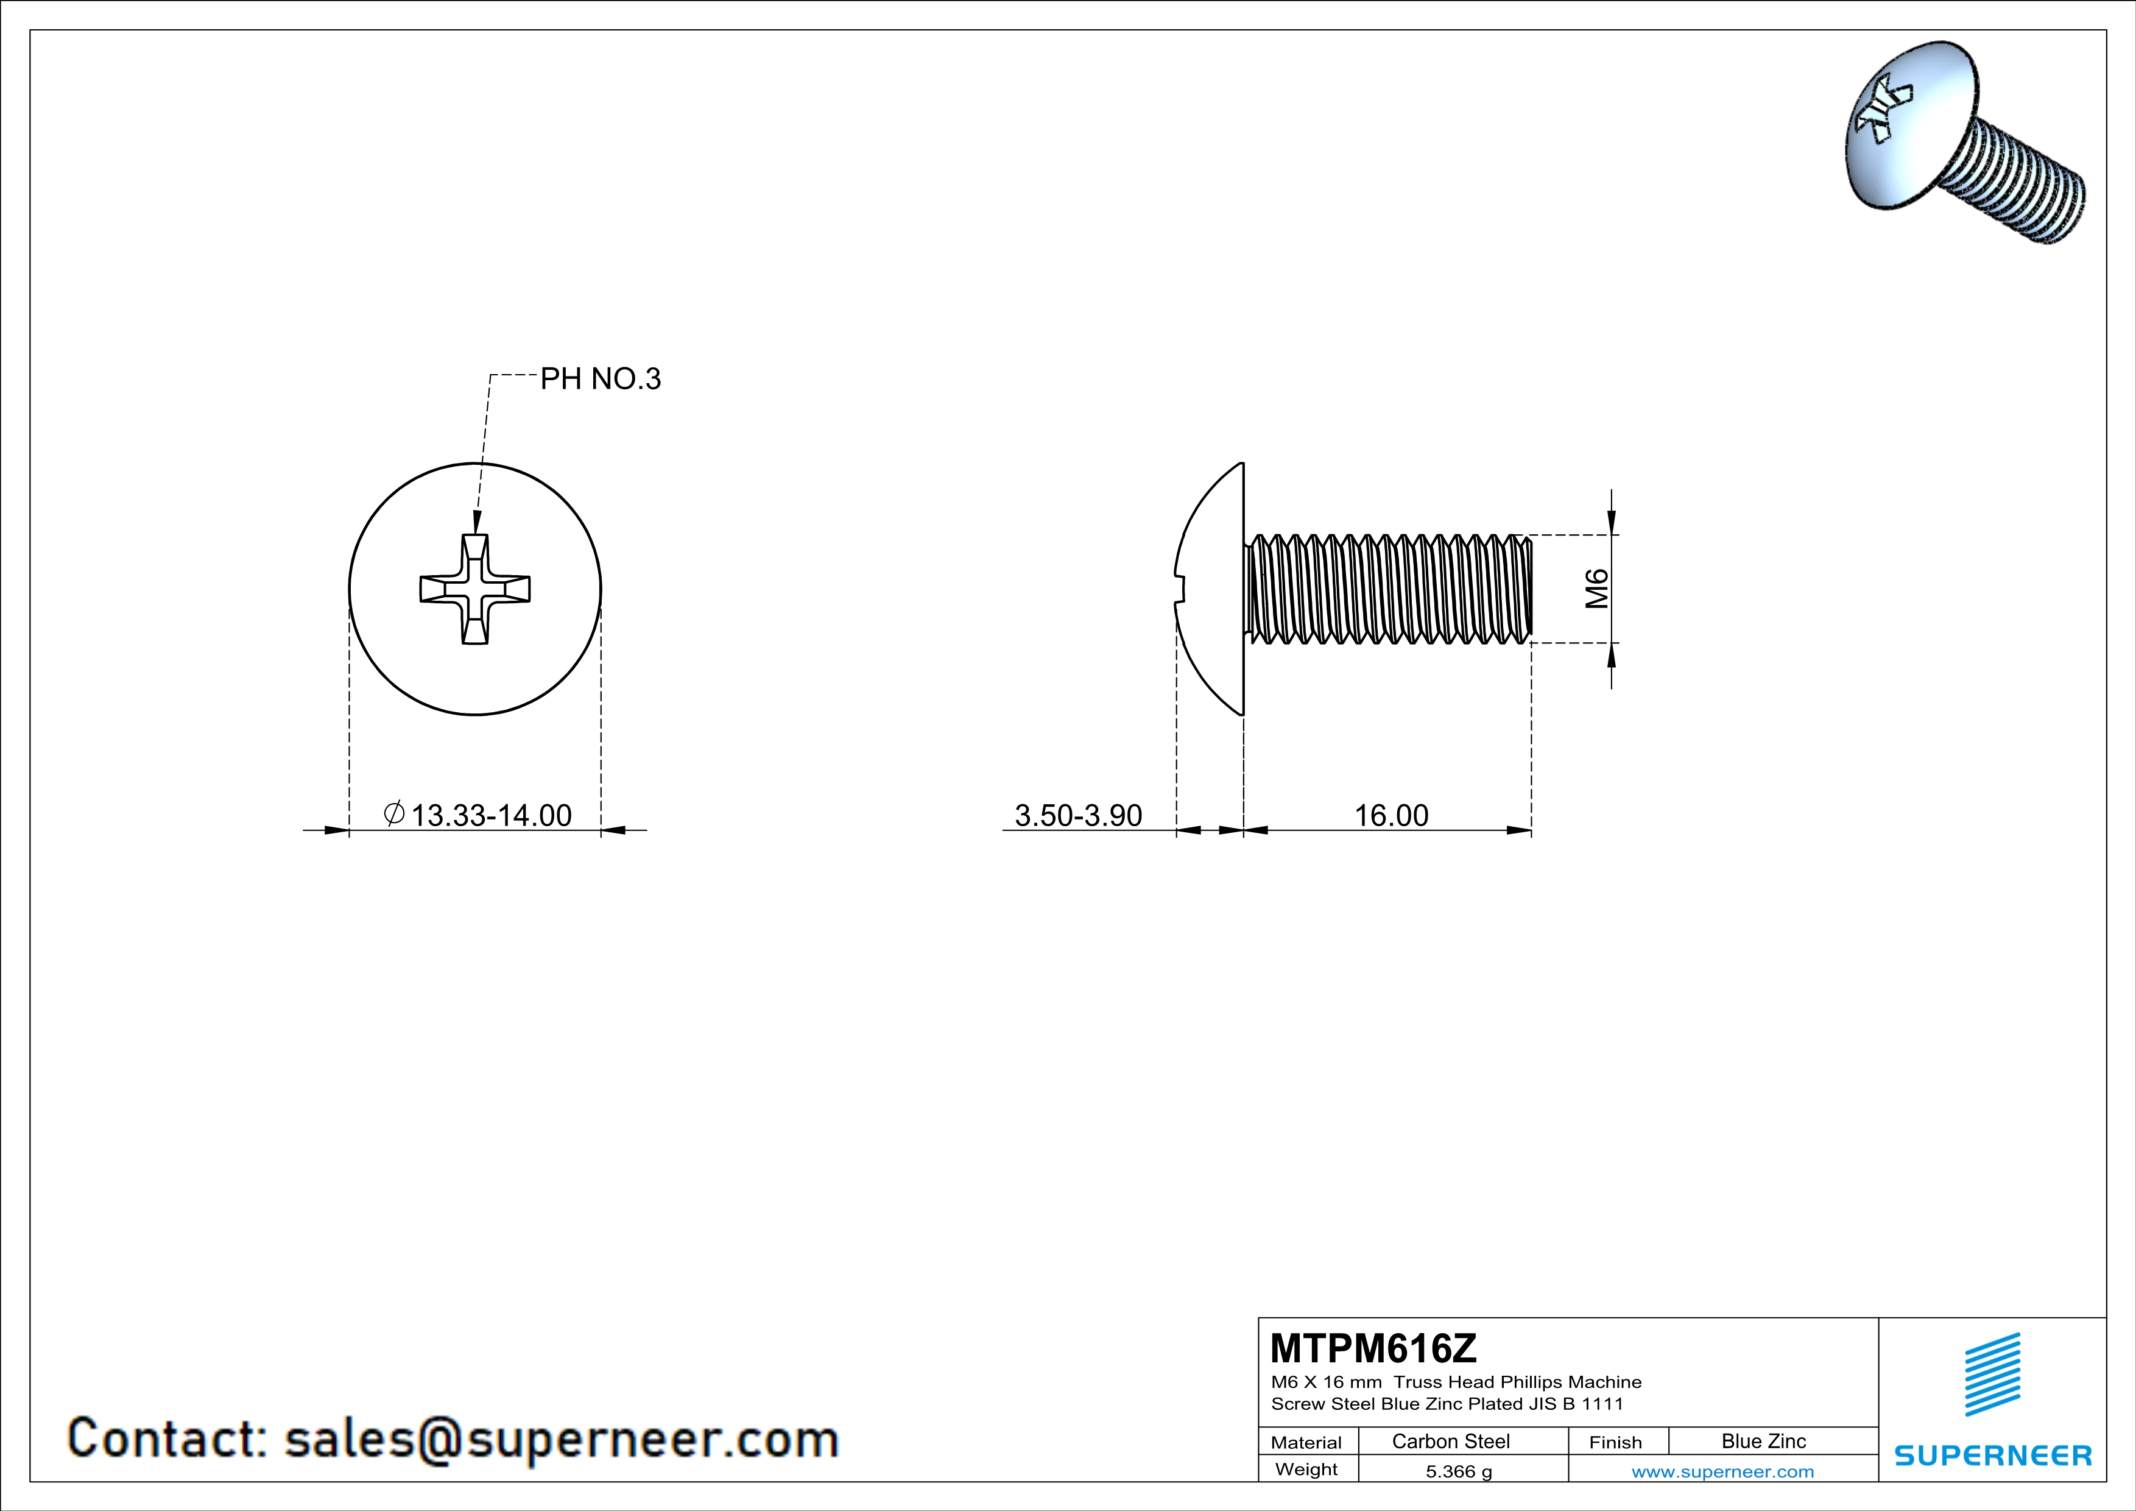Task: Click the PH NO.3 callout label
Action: pos(600,380)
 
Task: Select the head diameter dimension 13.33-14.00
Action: pos(491,815)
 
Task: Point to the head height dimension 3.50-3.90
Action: pos(1078,815)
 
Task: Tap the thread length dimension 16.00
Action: pos(1391,815)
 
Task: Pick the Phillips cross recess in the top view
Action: pos(476,589)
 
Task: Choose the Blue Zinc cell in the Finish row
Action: pos(1764,1441)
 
